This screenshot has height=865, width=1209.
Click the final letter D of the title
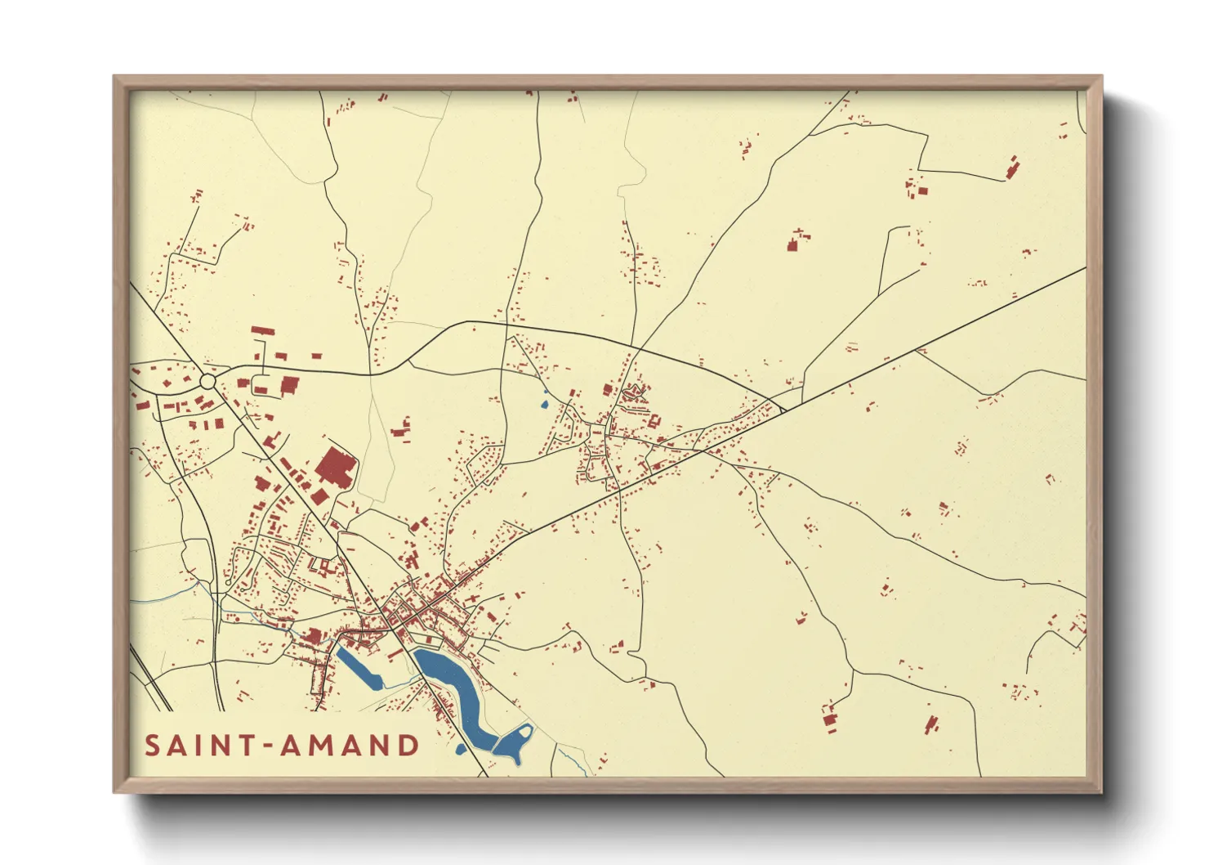click(408, 746)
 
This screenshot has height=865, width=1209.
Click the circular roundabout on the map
click(207, 382)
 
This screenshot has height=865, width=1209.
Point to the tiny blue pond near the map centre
click(545, 401)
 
